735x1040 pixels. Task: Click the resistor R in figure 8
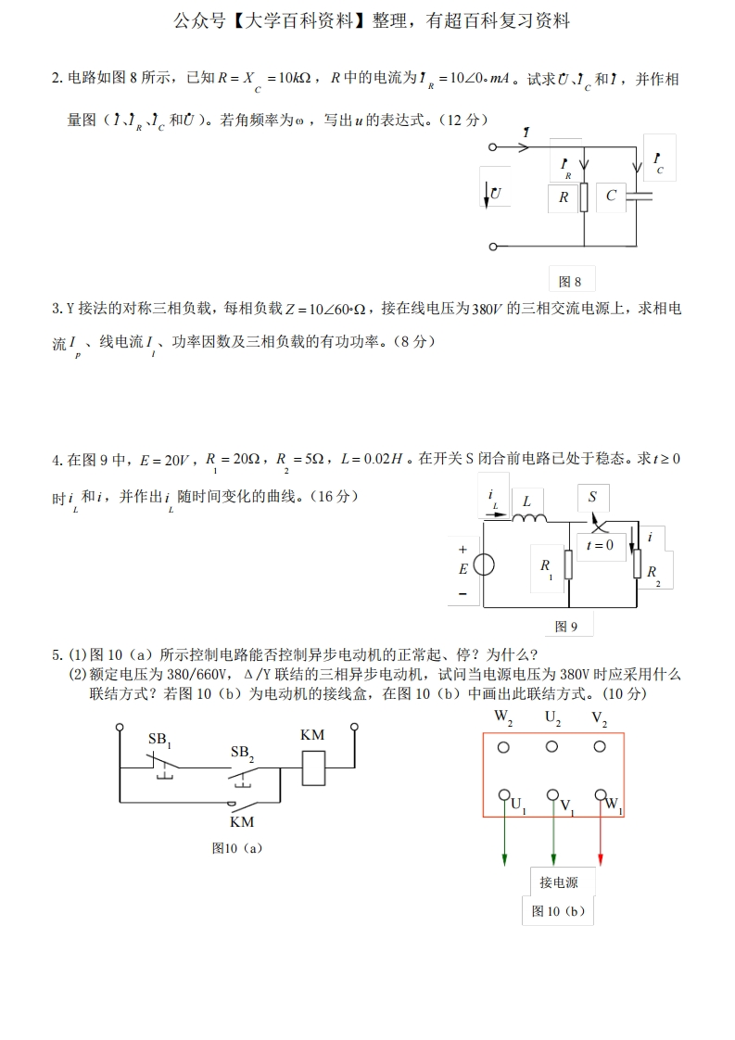tap(584, 197)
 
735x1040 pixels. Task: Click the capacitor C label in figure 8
tap(611, 196)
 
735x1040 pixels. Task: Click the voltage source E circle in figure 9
tap(483, 565)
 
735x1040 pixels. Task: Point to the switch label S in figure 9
tap(592, 498)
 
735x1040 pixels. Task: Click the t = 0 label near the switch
tap(600, 545)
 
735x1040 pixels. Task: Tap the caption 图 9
tap(566, 628)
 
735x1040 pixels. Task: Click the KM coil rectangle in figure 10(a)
tap(313, 767)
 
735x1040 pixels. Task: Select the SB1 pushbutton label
tap(160, 740)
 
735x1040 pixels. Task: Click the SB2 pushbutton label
tap(242, 754)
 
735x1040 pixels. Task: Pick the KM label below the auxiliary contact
tap(242, 821)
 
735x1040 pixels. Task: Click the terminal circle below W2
tap(504, 747)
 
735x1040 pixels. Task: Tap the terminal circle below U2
tap(552, 747)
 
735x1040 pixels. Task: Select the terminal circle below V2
tap(601, 747)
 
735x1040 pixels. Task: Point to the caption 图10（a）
tap(237, 847)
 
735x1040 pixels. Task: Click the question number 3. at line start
tap(57, 309)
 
